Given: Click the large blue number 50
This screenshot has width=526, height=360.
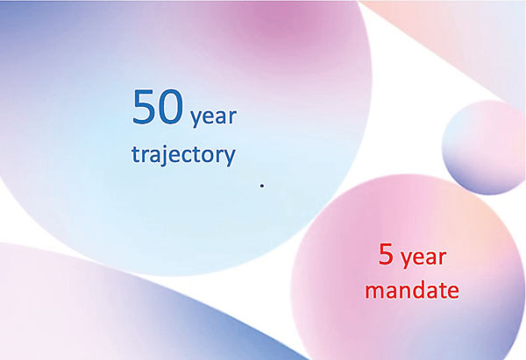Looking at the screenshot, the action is click(159, 107).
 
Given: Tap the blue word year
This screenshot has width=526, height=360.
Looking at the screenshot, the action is click(214, 117).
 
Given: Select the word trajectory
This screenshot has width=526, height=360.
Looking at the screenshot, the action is click(183, 155).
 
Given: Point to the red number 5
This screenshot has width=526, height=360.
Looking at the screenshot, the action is click(386, 254).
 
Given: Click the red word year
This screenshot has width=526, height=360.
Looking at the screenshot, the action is click(423, 258).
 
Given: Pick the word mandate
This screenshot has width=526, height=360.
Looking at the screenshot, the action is click(412, 290).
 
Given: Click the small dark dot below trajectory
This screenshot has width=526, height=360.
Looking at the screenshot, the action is click(262, 186).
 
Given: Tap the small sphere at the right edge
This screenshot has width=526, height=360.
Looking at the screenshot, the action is click(484, 147).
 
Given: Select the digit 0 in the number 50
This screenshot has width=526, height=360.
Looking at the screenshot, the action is click(172, 107).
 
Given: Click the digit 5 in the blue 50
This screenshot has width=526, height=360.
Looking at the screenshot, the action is click(145, 107).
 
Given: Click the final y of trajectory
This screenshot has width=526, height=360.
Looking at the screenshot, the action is click(230, 158).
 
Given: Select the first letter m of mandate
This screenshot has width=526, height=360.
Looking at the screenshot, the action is click(375, 292).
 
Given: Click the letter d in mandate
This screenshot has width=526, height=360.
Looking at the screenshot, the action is click(421, 290).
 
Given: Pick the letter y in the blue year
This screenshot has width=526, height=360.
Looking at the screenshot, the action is click(195, 119).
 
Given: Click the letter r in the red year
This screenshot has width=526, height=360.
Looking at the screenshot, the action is click(443, 258).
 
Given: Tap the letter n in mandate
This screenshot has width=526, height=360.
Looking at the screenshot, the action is click(407, 292).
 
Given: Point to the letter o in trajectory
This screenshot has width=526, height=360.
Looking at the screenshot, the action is click(207, 156).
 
